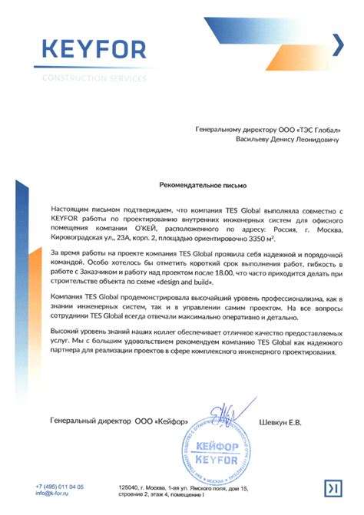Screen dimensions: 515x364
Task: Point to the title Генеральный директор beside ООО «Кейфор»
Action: pyautogui.click(x=89, y=421)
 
